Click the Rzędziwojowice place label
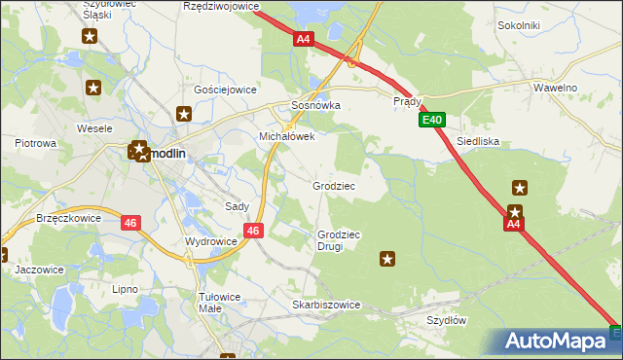221,6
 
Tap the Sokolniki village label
518,24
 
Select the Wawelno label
556,88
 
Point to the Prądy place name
407,100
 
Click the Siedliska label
478,141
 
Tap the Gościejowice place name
225,89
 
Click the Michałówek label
286,137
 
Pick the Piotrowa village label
35,143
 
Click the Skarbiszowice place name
326,305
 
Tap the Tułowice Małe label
224,302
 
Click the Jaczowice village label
40,270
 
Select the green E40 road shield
433,120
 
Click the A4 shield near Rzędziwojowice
304,39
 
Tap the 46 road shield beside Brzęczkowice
131,223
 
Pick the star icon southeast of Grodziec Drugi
387,259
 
